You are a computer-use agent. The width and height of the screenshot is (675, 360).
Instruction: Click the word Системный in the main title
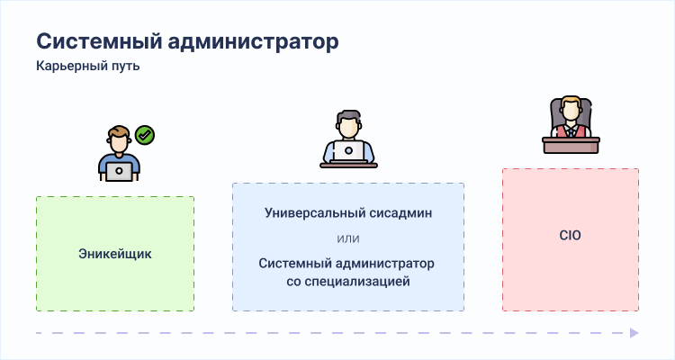[99, 41]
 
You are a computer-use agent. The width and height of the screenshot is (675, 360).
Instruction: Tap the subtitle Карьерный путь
[88, 67]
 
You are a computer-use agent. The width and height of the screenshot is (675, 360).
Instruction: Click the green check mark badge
[145, 135]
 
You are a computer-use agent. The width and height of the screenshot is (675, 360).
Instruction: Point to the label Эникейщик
[115, 254]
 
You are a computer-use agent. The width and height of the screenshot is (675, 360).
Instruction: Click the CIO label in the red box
[570, 235]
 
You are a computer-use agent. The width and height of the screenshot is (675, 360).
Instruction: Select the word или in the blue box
[348, 238]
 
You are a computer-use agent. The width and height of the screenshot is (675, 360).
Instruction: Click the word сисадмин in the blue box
[397, 213]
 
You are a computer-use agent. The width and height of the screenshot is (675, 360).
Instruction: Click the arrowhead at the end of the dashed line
[634, 333]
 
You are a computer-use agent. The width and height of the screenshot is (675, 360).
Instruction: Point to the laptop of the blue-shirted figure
[119, 171]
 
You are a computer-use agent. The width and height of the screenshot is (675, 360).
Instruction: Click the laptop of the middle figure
[348, 150]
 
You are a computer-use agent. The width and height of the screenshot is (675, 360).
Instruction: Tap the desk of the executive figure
[571, 145]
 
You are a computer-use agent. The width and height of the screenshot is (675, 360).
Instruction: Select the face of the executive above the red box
[571, 111]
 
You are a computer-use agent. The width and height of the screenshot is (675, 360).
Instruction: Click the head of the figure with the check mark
[119, 139]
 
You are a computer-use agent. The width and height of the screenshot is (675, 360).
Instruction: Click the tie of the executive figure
[571, 131]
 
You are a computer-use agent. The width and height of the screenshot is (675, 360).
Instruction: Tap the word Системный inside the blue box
[295, 264]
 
